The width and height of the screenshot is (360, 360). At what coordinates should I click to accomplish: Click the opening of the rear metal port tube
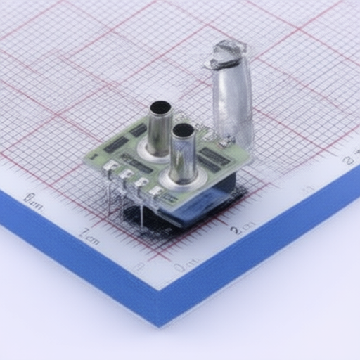[x=160, y=108]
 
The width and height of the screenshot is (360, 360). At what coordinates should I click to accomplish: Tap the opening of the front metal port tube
[x=183, y=130]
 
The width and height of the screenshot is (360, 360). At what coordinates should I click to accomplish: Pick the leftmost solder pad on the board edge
[x=111, y=167]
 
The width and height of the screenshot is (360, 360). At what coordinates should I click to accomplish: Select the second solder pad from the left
[x=127, y=175]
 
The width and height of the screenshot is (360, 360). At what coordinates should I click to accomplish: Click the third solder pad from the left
[x=141, y=183]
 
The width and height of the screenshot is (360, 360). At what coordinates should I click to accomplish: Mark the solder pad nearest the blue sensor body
[x=157, y=191]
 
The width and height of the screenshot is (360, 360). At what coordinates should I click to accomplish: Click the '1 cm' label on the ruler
[x=89, y=236]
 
